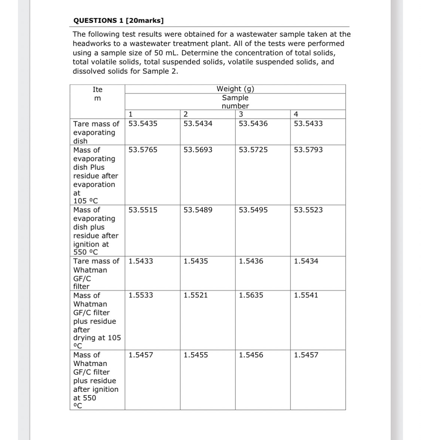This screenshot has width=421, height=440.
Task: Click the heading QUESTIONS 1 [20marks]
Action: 118,20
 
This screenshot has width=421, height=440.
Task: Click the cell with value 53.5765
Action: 143,150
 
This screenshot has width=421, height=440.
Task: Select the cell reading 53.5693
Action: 198,150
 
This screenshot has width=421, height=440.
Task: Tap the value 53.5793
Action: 308,150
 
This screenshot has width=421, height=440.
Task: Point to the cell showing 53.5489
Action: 198,210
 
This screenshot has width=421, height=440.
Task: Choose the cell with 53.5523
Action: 308,210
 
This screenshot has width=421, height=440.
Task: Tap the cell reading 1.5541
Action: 306,295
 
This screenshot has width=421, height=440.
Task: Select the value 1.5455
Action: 196,355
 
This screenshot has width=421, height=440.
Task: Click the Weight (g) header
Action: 235,89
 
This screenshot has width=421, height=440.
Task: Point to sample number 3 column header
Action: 241,114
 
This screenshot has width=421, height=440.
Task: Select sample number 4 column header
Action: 296,114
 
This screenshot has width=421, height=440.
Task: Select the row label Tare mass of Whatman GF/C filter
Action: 96,274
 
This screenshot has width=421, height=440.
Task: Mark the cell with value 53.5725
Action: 253,150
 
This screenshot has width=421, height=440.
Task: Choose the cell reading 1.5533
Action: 141,295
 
